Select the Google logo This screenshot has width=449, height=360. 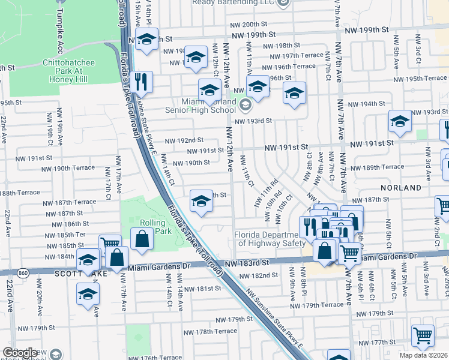(x=20, y=353)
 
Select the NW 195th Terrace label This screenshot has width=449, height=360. (x=420, y=79)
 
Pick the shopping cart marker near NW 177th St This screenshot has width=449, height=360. (x=423, y=336)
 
